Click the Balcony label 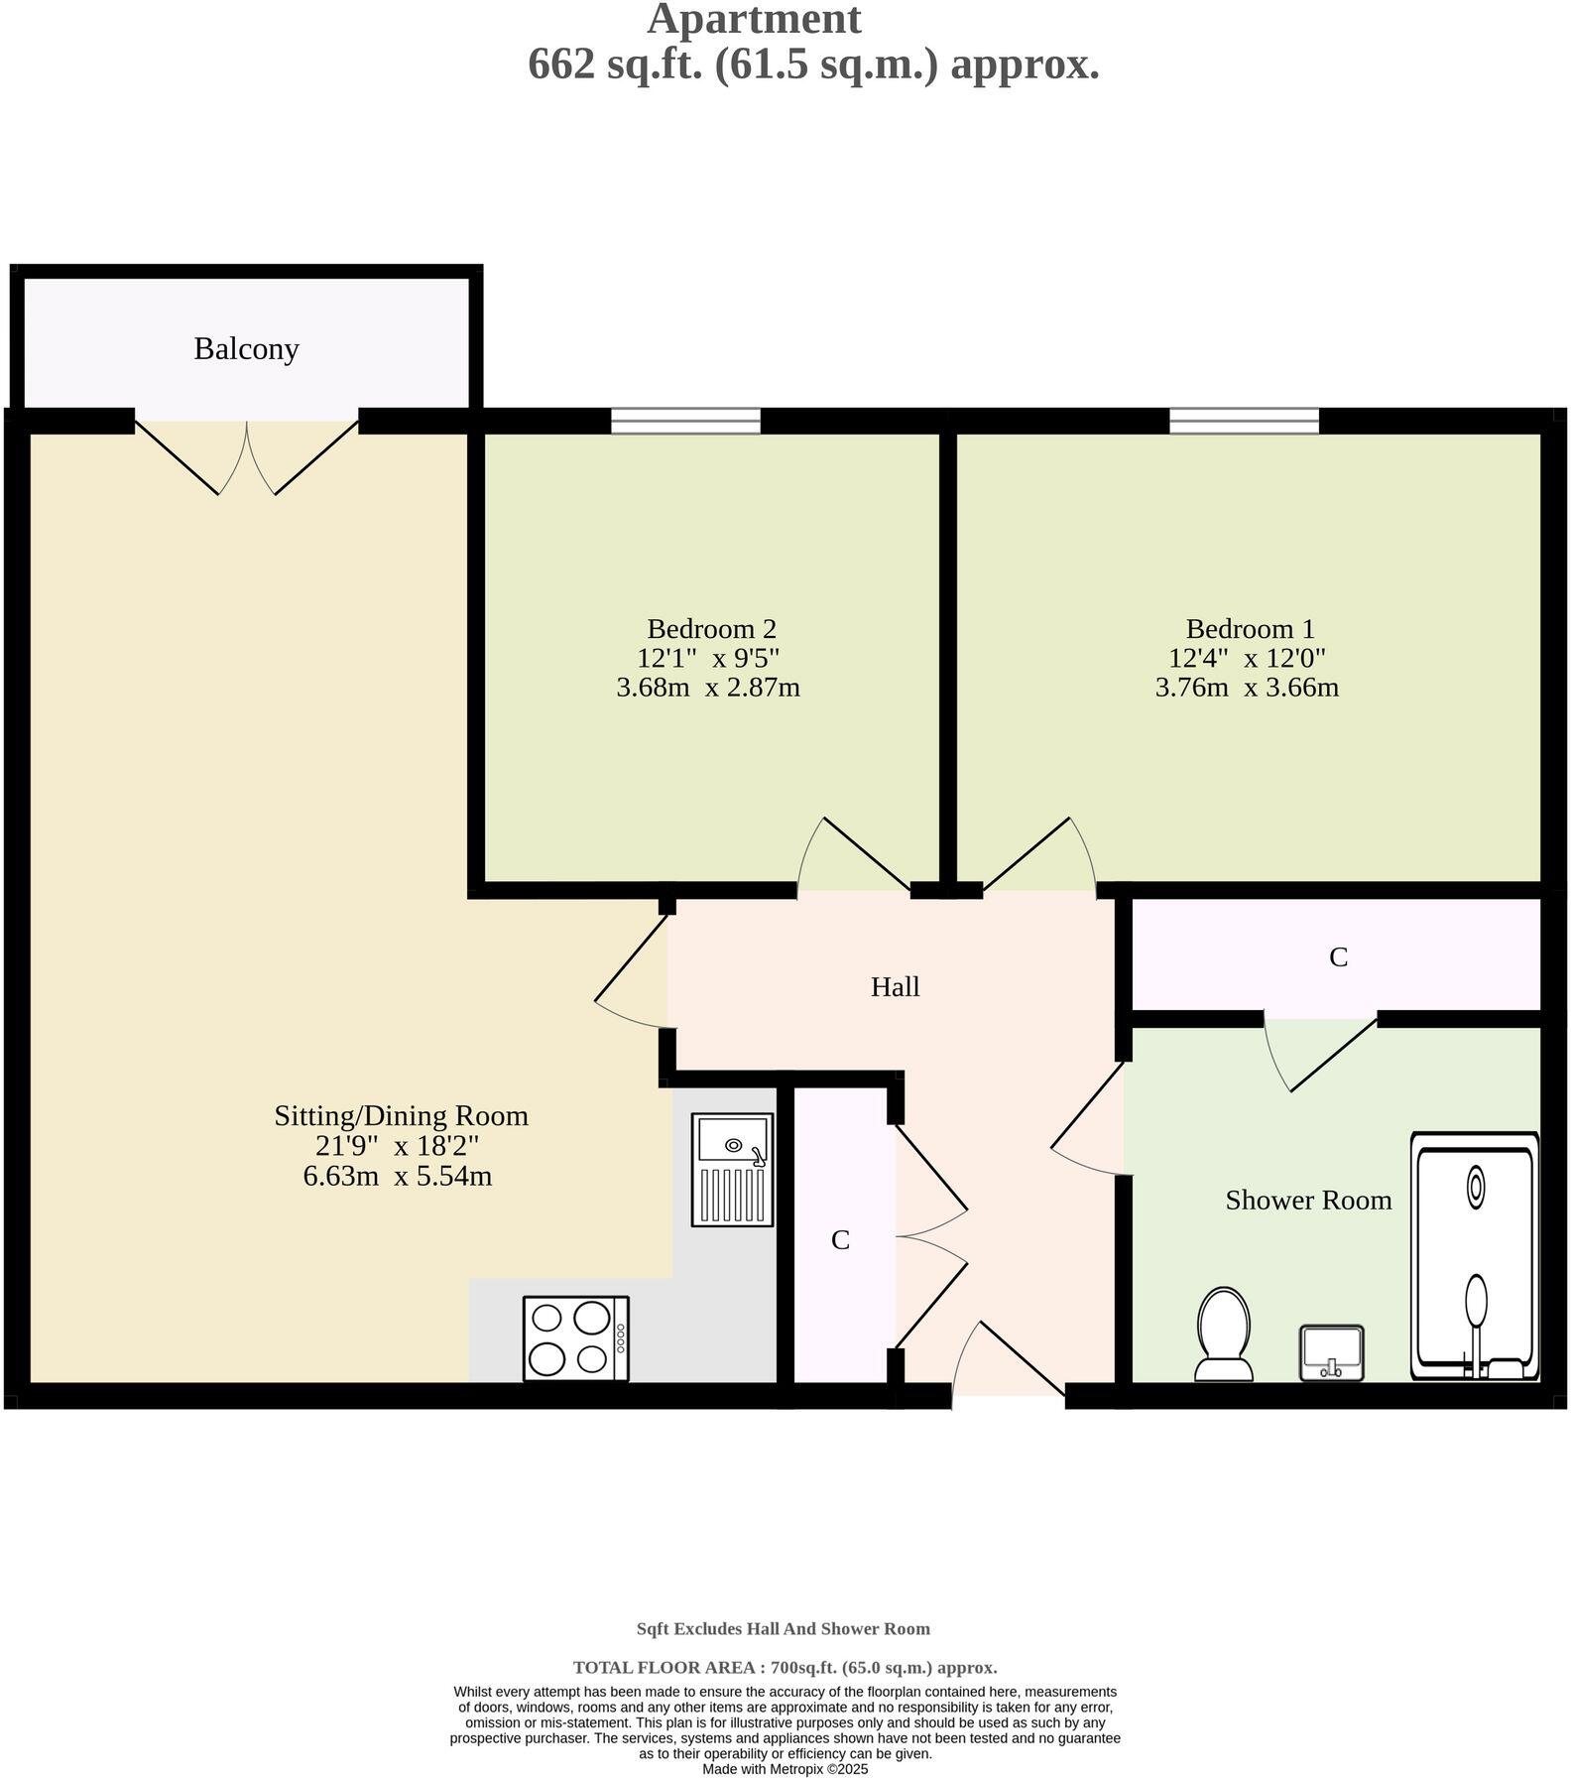click(246, 349)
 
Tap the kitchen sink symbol click(733, 1170)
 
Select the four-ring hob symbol click(575, 1338)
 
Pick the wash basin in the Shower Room click(1331, 1351)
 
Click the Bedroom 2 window click(685, 422)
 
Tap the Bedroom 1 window click(1244, 422)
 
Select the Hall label click(895, 987)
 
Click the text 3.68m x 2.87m click(707, 687)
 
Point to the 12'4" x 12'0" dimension click(1247, 658)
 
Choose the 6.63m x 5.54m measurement click(398, 1177)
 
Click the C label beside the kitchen click(840, 1240)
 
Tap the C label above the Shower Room click(1338, 957)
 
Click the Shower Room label click(1307, 1201)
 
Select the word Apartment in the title click(754, 20)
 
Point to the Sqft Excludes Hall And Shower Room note click(783, 1628)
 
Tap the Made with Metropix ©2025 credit click(785, 1769)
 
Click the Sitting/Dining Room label click(401, 1116)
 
